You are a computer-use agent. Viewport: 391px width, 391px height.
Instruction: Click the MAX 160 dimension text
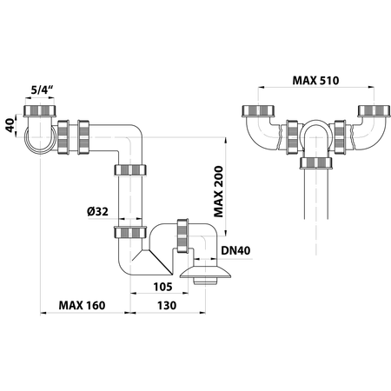click(x=83, y=307)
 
